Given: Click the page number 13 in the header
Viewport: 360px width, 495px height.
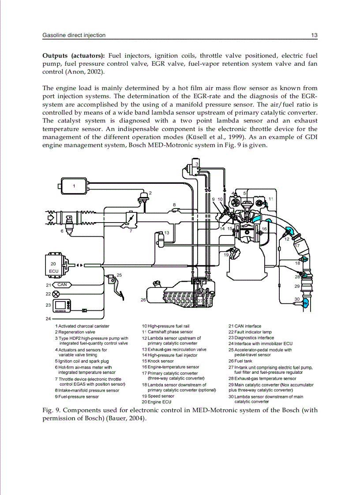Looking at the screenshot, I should click(314, 35).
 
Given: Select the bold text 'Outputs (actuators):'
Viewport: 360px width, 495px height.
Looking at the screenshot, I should click(73, 56).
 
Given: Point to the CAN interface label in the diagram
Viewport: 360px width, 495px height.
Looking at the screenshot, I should click(62, 285).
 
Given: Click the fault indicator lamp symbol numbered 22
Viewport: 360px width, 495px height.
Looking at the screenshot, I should click(56, 294).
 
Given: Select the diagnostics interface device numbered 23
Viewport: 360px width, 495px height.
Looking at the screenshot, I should click(61, 305).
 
